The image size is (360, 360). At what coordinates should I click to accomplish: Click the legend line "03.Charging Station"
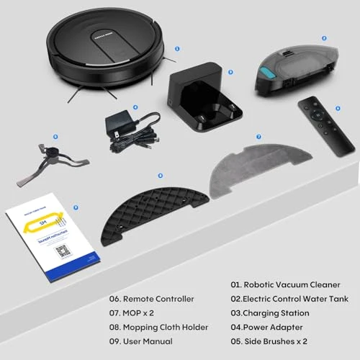[x=270, y=312]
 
